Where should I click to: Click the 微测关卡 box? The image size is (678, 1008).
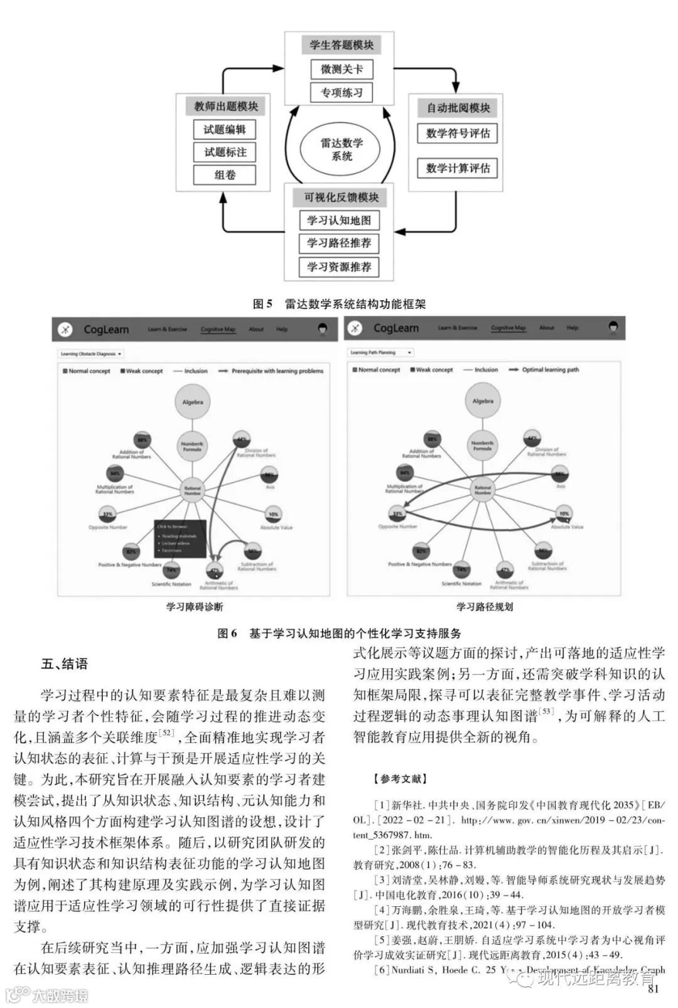pyautogui.click(x=342, y=69)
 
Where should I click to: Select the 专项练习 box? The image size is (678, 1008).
pyautogui.click(x=342, y=93)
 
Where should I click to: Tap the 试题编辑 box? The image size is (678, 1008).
pyautogui.click(x=225, y=130)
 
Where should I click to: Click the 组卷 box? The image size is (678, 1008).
pyautogui.click(x=225, y=175)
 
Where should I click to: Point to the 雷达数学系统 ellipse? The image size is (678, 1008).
pyautogui.click(x=342, y=149)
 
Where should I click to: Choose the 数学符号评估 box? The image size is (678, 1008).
pyautogui.click(x=458, y=134)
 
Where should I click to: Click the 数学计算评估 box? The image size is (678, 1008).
pyautogui.click(x=458, y=168)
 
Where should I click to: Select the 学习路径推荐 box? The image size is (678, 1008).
pyautogui.click(x=339, y=244)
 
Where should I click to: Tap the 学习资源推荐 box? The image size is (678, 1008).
pyautogui.click(x=339, y=267)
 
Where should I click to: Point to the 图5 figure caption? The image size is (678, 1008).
pyautogui.click(x=339, y=304)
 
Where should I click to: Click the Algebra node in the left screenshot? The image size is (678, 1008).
pyautogui.click(x=192, y=402)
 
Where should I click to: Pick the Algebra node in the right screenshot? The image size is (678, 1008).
pyautogui.click(x=483, y=401)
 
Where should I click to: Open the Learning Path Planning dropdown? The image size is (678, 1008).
pyautogui.click(x=381, y=353)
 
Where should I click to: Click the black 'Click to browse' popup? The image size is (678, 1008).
pyautogui.click(x=180, y=539)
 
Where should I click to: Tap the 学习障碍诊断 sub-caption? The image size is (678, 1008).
pyautogui.click(x=194, y=607)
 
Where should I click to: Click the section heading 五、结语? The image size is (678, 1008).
pyautogui.click(x=65, y=664)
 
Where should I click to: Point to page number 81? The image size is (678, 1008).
pyautogui.click(x=654, y=990)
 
